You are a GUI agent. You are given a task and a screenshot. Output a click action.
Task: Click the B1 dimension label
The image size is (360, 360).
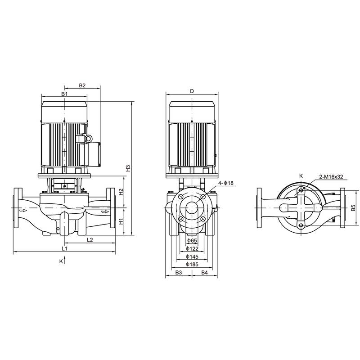coord(64,94)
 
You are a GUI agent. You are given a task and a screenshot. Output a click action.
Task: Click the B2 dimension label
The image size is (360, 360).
coord(82,85)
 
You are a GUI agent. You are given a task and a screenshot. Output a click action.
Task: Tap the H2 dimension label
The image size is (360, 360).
coord(121,192)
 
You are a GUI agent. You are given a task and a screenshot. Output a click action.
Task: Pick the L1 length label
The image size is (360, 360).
coord(64,248)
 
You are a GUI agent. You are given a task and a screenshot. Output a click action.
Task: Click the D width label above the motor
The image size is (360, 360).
coord(192,91)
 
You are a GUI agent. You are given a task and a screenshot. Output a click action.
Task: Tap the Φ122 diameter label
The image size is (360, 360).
coord(192,249)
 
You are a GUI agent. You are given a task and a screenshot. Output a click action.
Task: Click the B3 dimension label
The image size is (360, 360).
coord(178,273)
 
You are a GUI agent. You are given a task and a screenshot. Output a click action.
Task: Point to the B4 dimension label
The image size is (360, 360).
coord(205,273)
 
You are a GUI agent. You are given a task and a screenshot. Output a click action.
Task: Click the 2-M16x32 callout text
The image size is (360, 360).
coord(331,177)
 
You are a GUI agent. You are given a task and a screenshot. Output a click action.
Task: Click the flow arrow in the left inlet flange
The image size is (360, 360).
coord(22,209)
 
